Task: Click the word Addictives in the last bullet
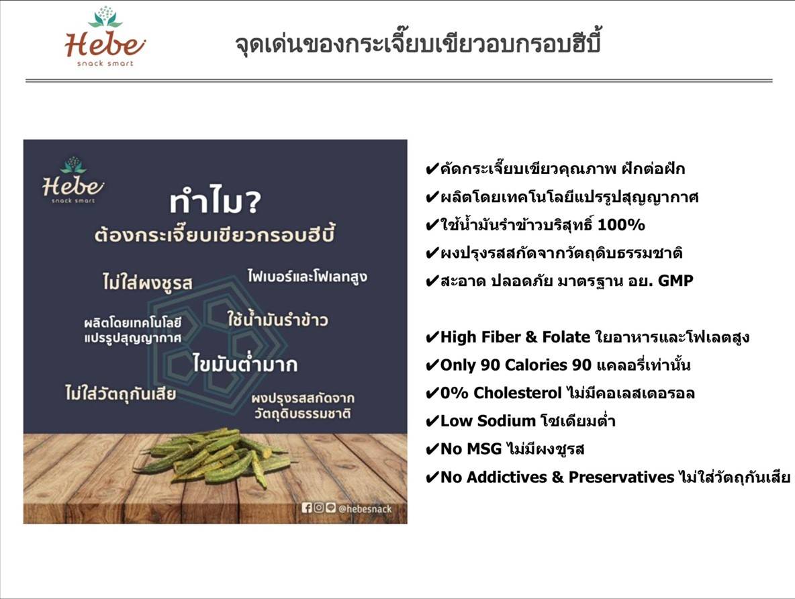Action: [x=496, y=477]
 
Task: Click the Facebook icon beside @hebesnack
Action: [x=308, y=508]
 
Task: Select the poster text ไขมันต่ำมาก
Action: [x=244, y=364]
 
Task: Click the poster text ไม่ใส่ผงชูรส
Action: [x=142, y=282]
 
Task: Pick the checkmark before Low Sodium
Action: [x=432, y=422]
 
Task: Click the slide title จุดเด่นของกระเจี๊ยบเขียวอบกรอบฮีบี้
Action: [x=418, y=44]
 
